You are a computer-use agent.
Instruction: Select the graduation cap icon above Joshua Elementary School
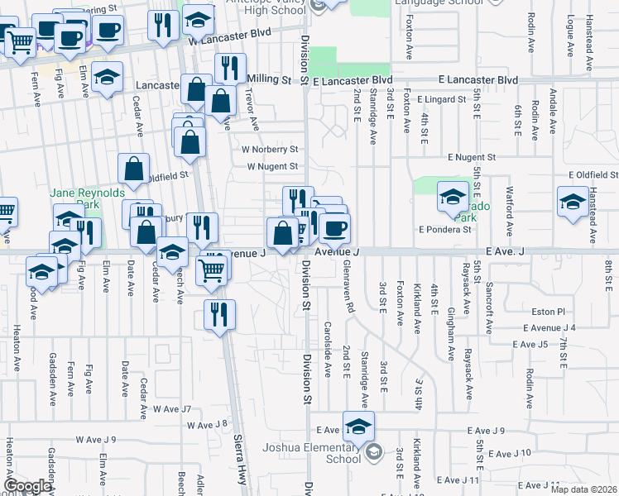(x=358, y=427)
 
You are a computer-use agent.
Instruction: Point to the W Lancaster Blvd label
(x=229, y=40)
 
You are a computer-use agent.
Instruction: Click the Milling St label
(x=270, y=80)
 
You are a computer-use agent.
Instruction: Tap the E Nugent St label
(x=471, y=156)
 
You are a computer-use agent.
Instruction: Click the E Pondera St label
(x=444, y=229)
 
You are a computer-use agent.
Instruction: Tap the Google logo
(x=27, y=485)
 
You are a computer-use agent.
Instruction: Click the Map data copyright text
(x=584, y=489)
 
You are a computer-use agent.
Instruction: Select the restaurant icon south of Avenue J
(x=219, y=314)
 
